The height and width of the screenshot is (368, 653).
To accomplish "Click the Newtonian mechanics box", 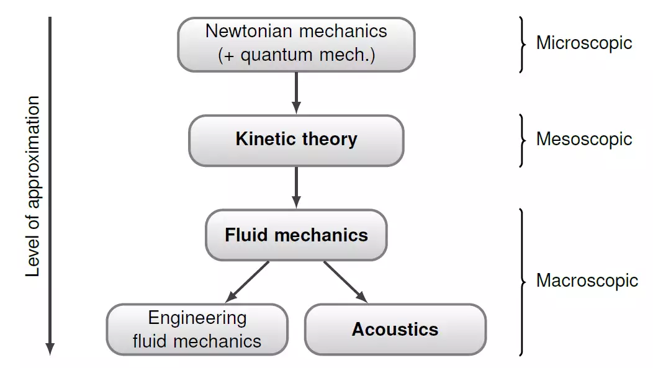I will click(x=296, y=44).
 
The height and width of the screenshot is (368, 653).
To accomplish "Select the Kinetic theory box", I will click(x=296, y=140).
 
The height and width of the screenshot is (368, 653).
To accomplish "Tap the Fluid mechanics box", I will click(x=296, y=235).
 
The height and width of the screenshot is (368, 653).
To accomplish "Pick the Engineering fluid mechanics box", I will click(x=197, y=330).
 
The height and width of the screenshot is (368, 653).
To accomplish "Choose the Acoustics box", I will click(x=395, y=330).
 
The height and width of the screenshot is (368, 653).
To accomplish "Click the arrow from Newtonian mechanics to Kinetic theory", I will click(x=296, y=92).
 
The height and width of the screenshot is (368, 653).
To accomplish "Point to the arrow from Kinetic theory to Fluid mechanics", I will click(x=296, y=187).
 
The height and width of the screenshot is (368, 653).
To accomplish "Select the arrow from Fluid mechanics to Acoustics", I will click(x=345, y=282).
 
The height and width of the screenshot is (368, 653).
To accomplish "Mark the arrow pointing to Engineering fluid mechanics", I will click(x=248, y=282).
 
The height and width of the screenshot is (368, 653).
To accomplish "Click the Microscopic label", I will click(x=584, y=43).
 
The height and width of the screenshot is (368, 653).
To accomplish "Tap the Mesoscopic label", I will click(x=584, y=138).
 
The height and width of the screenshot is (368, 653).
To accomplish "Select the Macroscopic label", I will click(x=587, y=280).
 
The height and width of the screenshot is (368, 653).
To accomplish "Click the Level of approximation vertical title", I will click(x=33, y=186).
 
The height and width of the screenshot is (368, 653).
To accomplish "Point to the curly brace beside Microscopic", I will click(x=522, y=44).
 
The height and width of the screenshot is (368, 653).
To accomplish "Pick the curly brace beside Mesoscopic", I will click(x=522, y=140).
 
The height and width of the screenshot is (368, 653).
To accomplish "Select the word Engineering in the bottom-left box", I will click(x=197, y=318).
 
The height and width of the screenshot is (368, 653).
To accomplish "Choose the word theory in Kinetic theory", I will click(x=329, y=139).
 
